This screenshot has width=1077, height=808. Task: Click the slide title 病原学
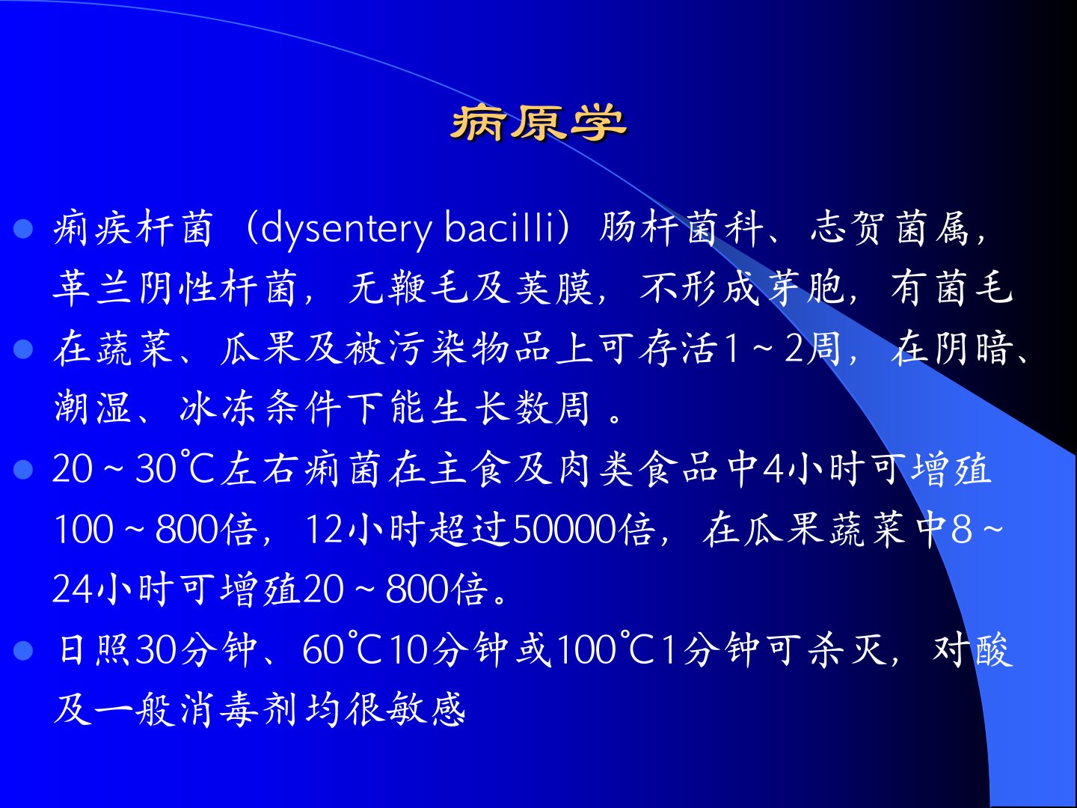coord(538,123)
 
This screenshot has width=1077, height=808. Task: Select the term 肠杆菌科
coord(681,228)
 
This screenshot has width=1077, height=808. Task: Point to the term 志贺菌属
coord(890,228)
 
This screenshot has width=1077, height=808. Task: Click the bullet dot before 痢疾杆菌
coord(23,229)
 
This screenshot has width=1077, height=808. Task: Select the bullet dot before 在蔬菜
coord(23,350)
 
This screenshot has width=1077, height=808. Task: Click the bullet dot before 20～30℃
coord(23,470)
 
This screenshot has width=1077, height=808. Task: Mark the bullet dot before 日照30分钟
coord(23,651)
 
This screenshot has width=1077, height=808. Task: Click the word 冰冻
coord(218,408)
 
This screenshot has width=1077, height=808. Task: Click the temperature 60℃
coord(340,650)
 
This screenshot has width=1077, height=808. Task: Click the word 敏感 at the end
coord(425,709)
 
